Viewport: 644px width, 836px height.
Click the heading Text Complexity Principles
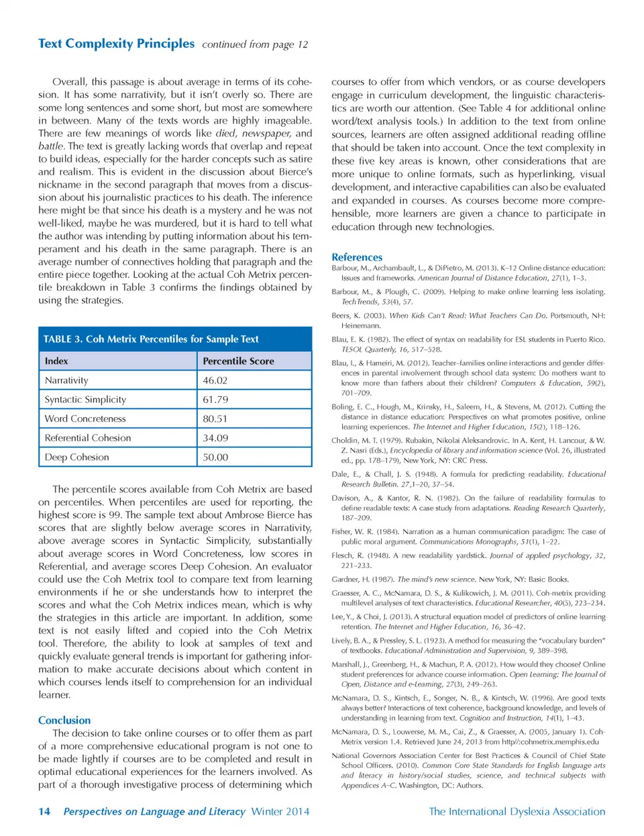coord(116,44)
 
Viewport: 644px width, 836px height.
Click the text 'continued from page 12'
coord(255,45)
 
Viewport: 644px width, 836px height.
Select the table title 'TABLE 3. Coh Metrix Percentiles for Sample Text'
coord(151,339)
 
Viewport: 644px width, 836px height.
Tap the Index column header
coord(56,361)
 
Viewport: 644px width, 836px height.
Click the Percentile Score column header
coord(238,361)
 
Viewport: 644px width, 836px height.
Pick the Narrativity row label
coord(66,380)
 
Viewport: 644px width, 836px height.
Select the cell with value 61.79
coord(215,400)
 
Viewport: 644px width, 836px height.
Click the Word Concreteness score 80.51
coord(215,418)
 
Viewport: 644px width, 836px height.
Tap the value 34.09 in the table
coord(215,438)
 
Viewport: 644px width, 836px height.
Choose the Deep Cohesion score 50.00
coord(215,457)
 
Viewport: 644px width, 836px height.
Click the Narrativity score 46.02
coord(215,380)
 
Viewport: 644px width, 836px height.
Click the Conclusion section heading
coord(64,720)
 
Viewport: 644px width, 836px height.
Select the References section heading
coord(357,257)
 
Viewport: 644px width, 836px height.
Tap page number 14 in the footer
coord(44,811)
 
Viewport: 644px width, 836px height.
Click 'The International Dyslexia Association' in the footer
coord(517,811)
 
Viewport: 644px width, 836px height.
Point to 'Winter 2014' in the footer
coord(280,811)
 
